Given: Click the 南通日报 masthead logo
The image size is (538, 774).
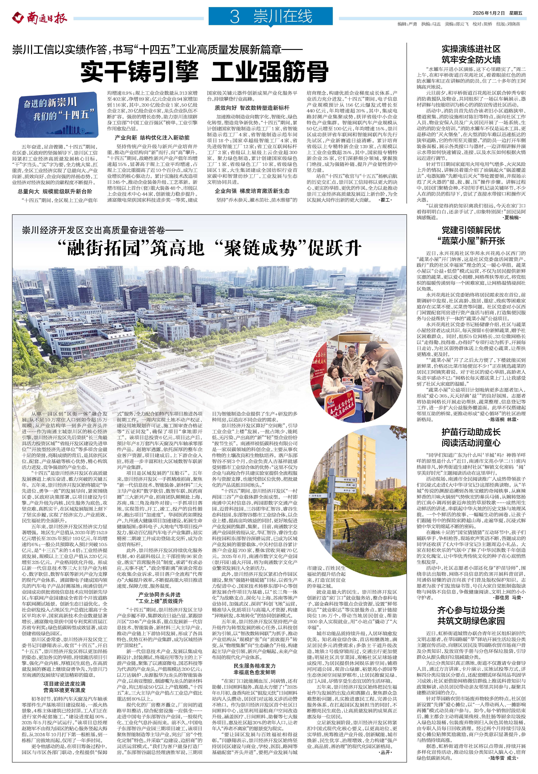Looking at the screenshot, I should click(x=40, y=17).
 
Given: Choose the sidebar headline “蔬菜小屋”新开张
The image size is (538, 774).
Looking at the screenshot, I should click(x=471, y=241).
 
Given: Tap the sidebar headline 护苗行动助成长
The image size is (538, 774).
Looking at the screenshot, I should click(x=471, y=432).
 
